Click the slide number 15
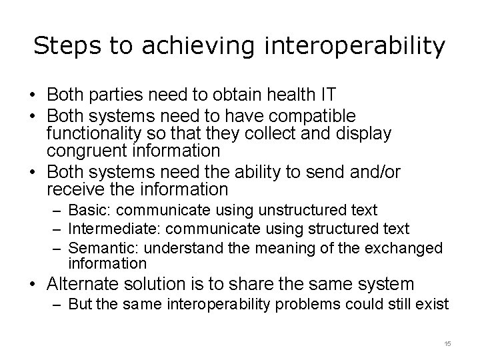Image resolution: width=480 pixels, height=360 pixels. pyautogui.click(x=447, y=343)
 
